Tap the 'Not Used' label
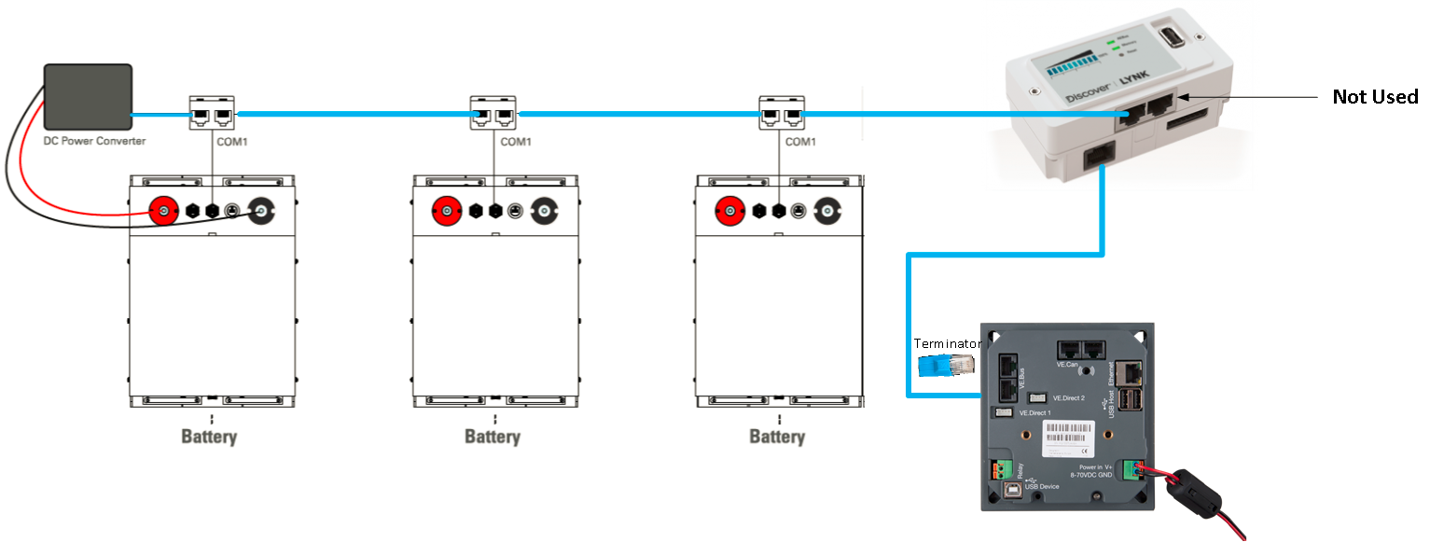click(x=1374, y=97)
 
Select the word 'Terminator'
click(x=947, y=343)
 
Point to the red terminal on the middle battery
click(x=448, y=212)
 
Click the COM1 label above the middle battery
click(x=515, y=143)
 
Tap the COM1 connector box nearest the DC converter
click(x=213, y=115)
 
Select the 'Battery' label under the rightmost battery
click(x=777, y=437)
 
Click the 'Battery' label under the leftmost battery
click(x=209, y=437)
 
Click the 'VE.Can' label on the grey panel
click(x=1068, y=365)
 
